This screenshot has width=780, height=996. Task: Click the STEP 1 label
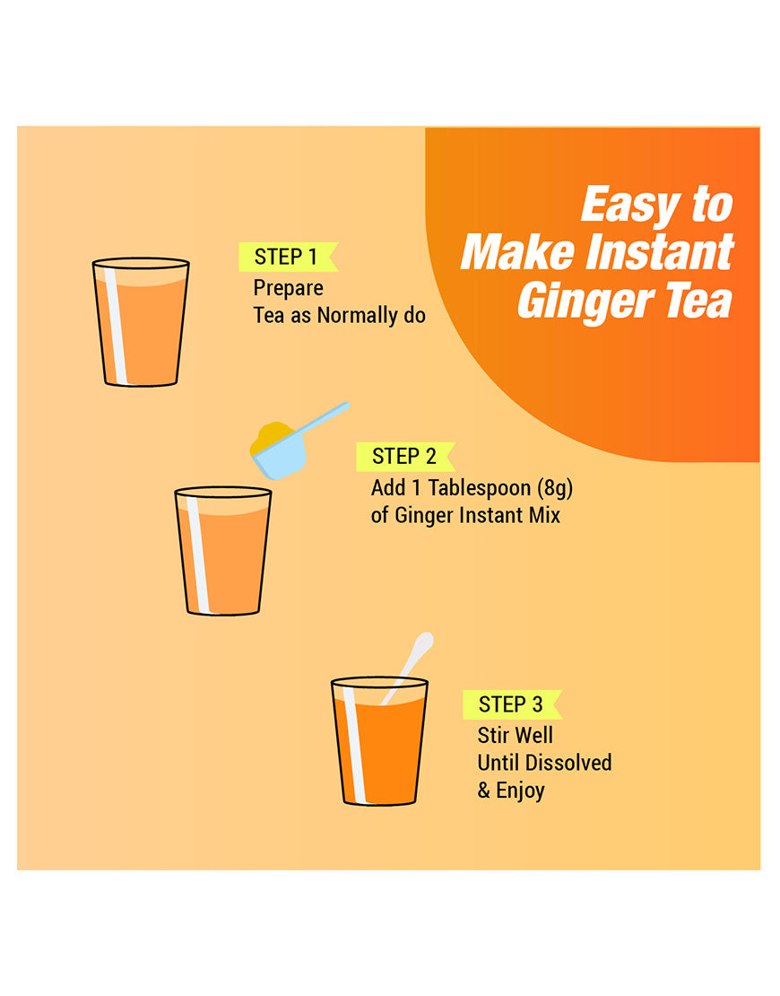[x=286, y=257]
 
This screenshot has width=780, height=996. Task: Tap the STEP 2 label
[x=404, y=456]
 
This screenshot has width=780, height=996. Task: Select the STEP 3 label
[x=511, y=704]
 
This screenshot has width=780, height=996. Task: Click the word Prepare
[x=288, y=288]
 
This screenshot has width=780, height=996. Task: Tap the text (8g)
[x=555, y=488]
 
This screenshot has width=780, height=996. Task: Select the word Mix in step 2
[x=545, y=515]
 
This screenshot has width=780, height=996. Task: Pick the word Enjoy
[x=520, y=791]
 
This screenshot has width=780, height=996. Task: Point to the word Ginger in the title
[x=584, y=301]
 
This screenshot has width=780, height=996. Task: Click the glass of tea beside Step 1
[x=141, y=322]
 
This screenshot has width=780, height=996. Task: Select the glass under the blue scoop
[x=222, y=551]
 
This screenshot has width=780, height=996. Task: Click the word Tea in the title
[x=698, y=301]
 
